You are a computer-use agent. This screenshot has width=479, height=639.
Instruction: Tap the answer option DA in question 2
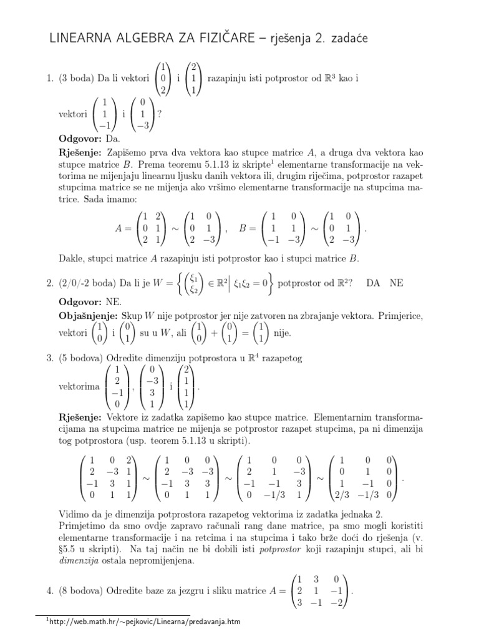coord(373,283)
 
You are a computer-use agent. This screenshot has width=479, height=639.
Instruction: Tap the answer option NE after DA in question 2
coord(396,283)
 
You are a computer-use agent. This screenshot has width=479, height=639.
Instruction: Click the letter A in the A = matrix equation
coord(120,228)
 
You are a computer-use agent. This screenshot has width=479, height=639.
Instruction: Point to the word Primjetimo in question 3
coord(82,526)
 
